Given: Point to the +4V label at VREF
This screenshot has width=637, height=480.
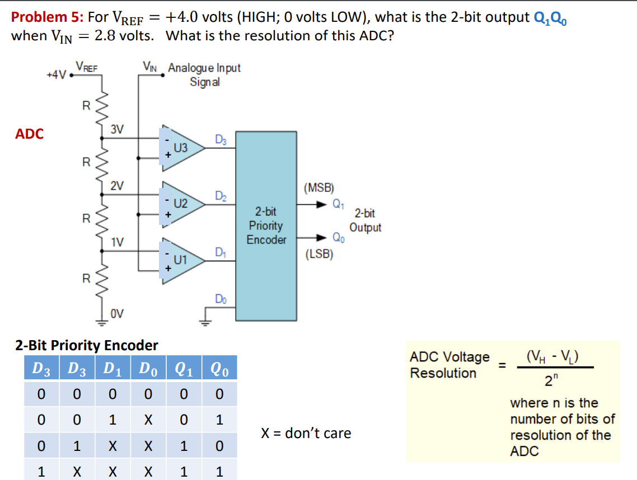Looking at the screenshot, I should tap(56, 73).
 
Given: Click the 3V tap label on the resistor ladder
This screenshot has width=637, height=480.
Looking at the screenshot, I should tap(116, 129).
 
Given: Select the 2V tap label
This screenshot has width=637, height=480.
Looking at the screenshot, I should tap(116, 185).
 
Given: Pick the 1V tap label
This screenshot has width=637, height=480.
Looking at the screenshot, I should tap(116, 242).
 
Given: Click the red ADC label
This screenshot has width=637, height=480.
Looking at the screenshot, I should tap(29, 134).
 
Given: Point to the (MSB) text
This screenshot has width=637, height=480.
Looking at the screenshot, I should tap(319, 187).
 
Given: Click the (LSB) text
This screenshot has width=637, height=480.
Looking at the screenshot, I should tap(319, 255).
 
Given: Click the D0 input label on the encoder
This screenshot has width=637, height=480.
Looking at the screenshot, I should tap(221, 299).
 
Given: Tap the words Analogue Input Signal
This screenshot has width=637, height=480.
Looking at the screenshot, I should tap(204, 74).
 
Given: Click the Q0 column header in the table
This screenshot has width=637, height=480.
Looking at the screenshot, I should tap(219, 369).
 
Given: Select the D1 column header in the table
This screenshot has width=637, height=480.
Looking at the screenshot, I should tap(112, 369).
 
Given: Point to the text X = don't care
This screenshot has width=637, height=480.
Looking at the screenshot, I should tap(306, 433).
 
